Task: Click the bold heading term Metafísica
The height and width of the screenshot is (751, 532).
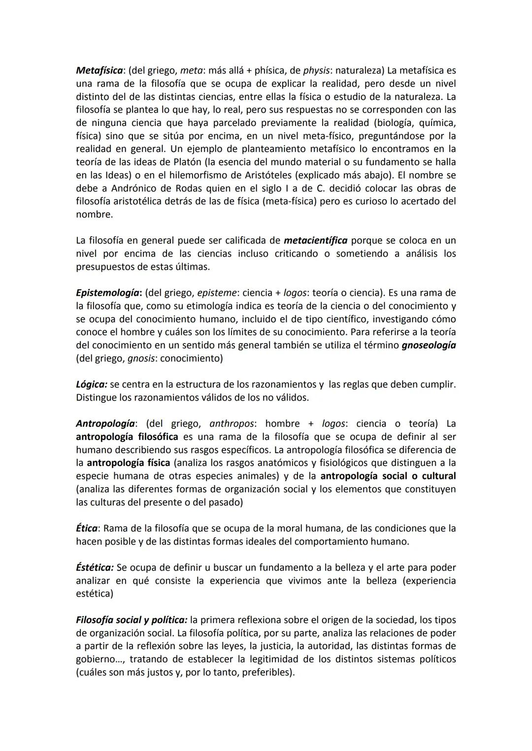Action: [99, 70]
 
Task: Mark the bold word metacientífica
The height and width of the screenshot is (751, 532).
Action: [316, 241]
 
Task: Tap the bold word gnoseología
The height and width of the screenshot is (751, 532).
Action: [429, 345]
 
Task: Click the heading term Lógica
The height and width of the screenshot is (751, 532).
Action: [91, 384]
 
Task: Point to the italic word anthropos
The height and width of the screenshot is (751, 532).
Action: [232, 424]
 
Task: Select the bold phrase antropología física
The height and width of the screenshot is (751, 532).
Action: [129, 463]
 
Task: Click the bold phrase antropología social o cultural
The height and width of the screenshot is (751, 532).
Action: [388, 476]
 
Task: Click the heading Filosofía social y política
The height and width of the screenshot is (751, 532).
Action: [132, 620]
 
